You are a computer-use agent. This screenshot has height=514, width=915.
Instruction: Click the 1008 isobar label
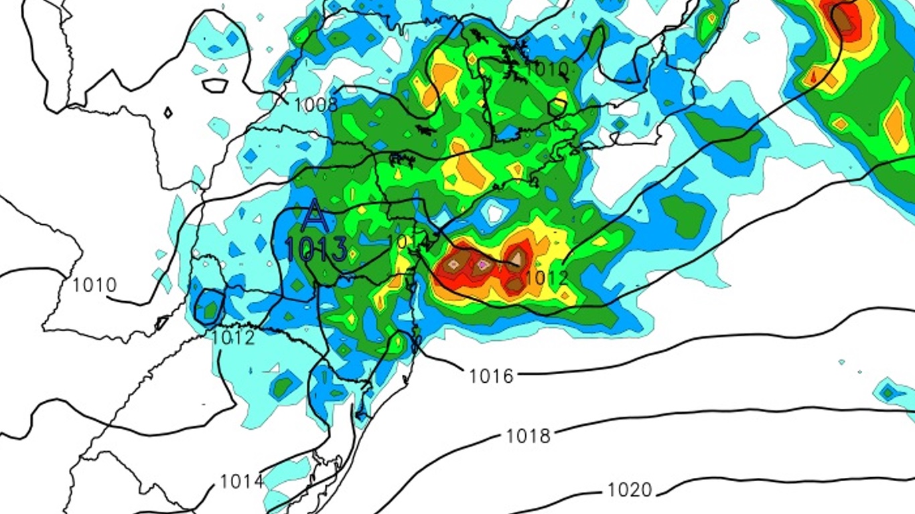(x=315, y=104)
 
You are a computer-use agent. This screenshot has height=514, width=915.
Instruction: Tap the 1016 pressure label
(x=491, y=375)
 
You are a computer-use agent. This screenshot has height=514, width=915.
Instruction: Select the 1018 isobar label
(x=528, y=436)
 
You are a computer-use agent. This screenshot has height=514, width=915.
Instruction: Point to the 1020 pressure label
(x=629, y=490)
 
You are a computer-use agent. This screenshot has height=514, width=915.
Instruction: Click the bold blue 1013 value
(x=315, y=249)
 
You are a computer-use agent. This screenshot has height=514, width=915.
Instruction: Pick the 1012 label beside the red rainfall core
(x=546, y=276)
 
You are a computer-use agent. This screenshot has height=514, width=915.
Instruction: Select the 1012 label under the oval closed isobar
(x=233, y=337)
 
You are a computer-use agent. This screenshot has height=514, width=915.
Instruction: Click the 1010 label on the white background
(x=94, y=285)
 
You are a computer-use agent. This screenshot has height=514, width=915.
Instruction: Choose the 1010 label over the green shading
(x=547, y=68)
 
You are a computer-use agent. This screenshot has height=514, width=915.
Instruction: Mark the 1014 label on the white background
(x=241, y=481)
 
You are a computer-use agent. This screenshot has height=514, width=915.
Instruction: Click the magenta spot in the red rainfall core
(x=482, y=266)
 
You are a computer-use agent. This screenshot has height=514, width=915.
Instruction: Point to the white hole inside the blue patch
(x=496, y=213)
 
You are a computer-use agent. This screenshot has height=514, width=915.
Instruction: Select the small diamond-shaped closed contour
(x=167, y=113)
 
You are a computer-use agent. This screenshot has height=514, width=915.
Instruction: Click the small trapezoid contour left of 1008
(x=216, y=86)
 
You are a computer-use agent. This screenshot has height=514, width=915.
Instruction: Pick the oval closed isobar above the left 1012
(x=210, y=307)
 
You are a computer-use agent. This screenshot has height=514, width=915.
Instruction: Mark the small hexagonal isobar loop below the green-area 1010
(x=557, y=106)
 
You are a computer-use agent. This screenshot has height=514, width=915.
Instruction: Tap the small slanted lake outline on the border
(x=161, y=323)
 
